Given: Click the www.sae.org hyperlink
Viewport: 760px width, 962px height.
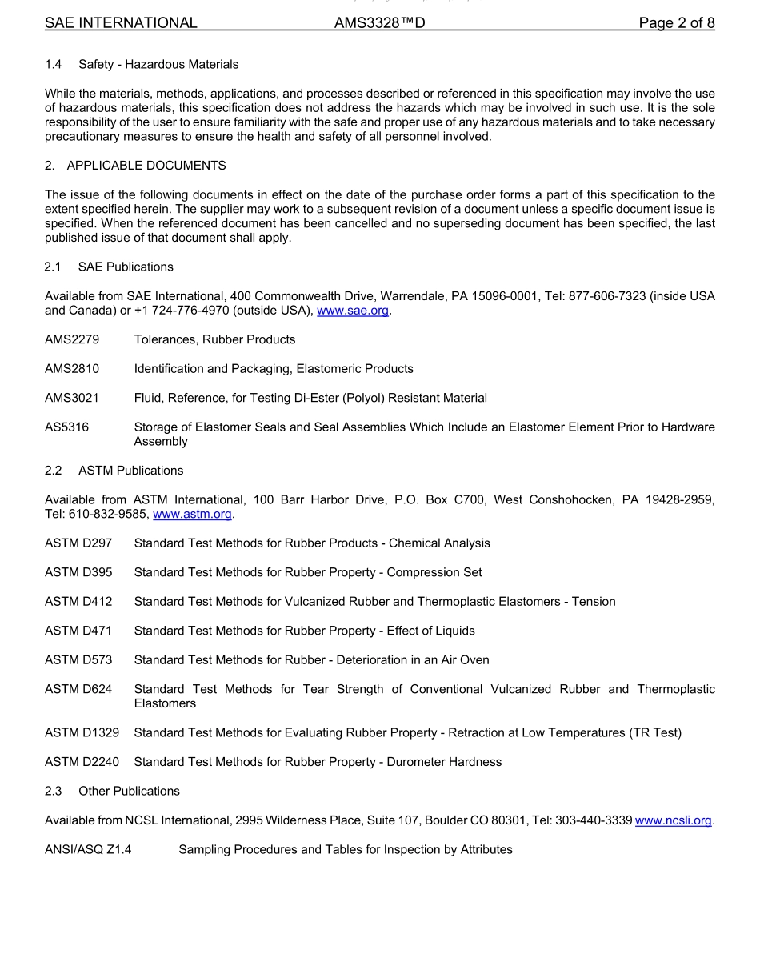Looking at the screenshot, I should click(x=354, y=311).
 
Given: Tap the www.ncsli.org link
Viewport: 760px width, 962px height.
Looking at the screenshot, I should click(x=673, y=820).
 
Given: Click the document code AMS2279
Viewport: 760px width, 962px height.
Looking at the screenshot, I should click(x=72, y=339).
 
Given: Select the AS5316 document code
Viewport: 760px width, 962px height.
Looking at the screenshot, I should click(x=66, y=427).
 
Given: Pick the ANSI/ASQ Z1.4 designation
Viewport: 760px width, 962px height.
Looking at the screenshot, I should click(x=88, y=849).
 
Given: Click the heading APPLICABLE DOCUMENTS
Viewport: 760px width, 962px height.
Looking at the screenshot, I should click(x=146, y=166).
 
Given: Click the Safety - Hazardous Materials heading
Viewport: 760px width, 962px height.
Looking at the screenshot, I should click(x=158, y=64).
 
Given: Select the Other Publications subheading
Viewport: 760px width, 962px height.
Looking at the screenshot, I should click(x=129, y=791).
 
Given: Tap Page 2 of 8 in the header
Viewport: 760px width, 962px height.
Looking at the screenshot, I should click(x=676, y=23).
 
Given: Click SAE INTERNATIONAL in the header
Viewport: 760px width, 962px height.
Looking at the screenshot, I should click(x=121, y=23).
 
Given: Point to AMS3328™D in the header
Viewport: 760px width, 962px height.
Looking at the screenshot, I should click(x=379, y=23).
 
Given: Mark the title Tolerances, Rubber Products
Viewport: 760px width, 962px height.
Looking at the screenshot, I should click(x=214, y=339).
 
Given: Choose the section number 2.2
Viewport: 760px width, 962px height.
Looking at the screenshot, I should click(x=53, y=471).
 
